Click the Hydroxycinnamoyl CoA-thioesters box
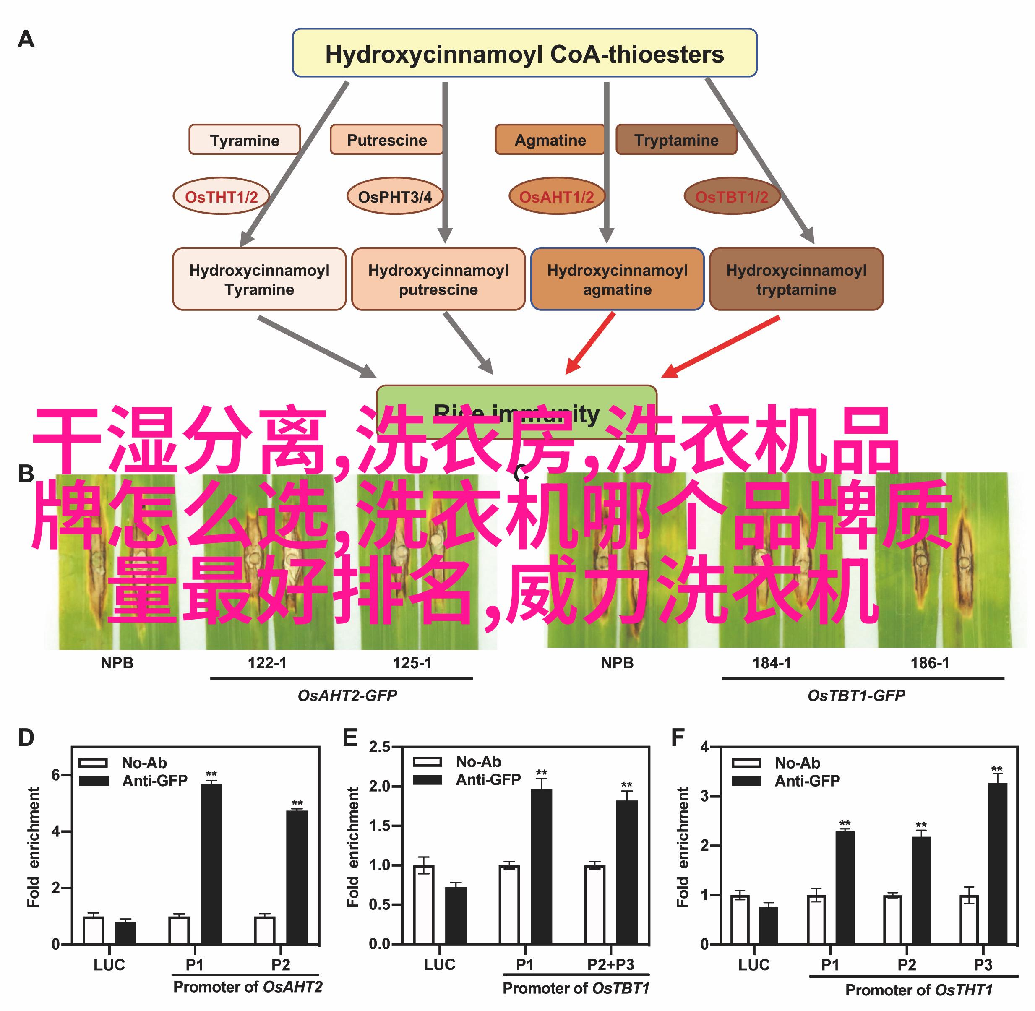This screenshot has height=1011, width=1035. click(x=524, y=53)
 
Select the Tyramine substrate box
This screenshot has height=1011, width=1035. click(x=244, y=140)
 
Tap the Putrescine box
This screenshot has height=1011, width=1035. click(x=386, y=140)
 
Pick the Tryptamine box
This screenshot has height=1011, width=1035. click(x=675, y=140)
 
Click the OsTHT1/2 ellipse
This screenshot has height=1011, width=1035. click(x=221, y=196)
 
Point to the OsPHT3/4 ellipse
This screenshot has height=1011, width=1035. click(x=394, y=196)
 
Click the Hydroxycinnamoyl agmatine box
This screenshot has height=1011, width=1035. click(x=617, y=279)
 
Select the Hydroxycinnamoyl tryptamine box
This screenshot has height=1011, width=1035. click(x=796, y=279)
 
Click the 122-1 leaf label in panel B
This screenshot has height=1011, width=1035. click(x=267, y=663)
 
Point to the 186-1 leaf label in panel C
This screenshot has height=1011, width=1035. click(x=930, y=663)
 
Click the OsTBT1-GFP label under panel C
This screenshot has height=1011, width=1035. click(x=856, y=696)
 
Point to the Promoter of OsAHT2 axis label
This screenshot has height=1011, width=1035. click(x=248, y=987)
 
